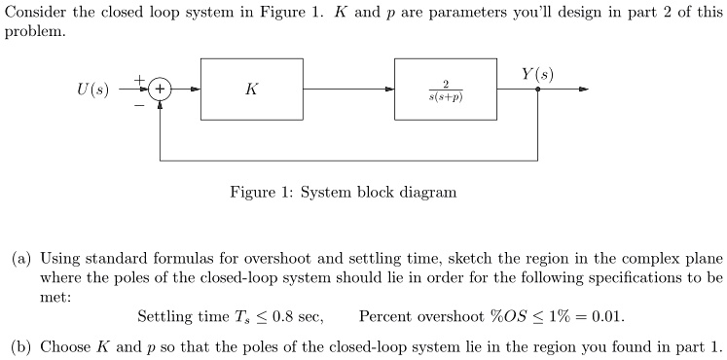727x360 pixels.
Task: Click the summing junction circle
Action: click(160, 90)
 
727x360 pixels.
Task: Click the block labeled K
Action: click(252, 90)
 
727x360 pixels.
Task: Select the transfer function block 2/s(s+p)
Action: click(445, 90)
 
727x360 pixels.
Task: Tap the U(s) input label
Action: click(93, 90)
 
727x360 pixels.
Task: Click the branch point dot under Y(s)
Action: click(538, 90)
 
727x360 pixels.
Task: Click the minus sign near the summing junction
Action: click(139, 105)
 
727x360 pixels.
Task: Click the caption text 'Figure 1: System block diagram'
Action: click(343, 192)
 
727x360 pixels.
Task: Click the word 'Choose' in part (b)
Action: click(64, 345)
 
